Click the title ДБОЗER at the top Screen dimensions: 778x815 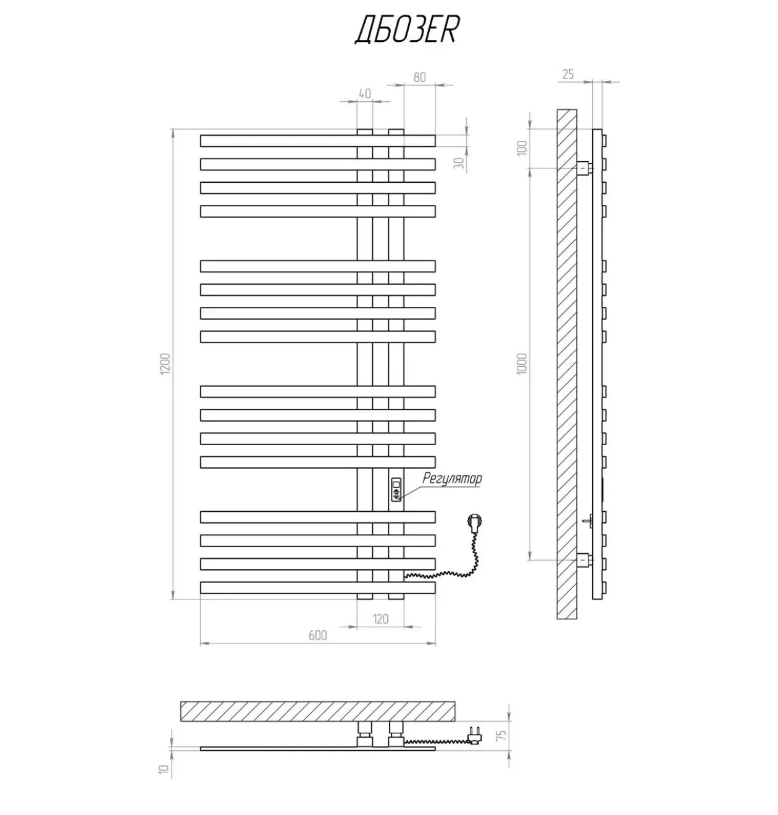[406, 30]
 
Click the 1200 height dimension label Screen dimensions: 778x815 [165, 364]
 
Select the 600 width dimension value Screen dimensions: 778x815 [317, 635]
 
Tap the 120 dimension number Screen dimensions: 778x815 [380, 619]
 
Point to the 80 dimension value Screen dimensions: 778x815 [420, 78]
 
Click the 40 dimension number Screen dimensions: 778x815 [364, 94]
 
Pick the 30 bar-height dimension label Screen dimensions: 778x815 [459, 163]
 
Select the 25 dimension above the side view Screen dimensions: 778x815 [567, 75]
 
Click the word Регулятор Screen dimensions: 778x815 [452, 479]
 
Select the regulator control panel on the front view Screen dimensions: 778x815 [396, 490]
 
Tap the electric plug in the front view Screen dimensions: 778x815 [475, 519]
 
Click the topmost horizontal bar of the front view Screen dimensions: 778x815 [317, 141]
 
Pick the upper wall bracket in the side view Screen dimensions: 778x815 [584, 168]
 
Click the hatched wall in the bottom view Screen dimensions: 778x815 [317, 711]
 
